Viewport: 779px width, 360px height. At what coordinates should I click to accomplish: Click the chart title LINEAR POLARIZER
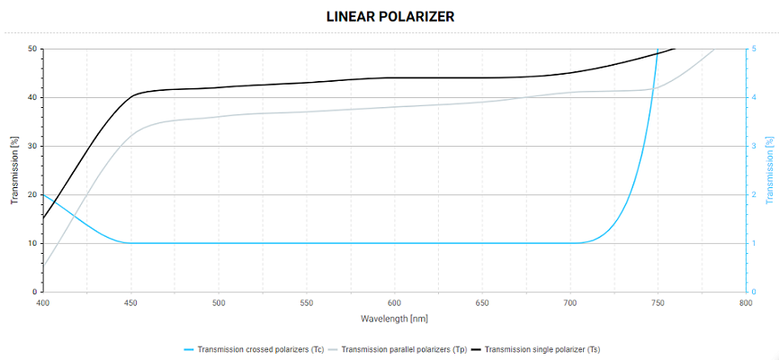click(389, 17)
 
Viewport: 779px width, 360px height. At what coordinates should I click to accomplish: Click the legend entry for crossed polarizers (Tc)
click(260, 348)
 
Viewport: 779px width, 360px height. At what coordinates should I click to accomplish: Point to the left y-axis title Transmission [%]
click(13, 170)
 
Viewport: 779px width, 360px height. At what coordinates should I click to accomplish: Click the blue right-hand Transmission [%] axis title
click(769, 170)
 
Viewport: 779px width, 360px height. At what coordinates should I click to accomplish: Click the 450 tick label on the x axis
click(131, 303)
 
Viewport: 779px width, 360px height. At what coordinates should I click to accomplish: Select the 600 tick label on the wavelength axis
click(395, 303)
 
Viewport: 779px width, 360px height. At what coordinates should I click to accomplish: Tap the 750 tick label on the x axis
click(658, 303)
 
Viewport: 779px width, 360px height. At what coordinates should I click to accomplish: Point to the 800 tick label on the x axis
click(746, 303)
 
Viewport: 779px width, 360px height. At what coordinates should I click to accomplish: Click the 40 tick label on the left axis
click(32, 97)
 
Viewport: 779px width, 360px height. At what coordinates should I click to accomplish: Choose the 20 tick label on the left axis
click(32, 194)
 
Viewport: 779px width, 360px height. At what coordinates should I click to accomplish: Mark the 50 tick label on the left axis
click(32, 49)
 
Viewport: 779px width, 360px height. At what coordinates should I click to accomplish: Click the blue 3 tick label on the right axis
click(753, 146)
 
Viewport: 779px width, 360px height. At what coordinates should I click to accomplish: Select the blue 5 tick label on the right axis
click(753, 49)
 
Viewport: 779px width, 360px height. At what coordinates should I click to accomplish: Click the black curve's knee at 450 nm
click(132, 94)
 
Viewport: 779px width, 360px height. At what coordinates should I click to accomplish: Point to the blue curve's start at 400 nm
click(44, 194)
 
